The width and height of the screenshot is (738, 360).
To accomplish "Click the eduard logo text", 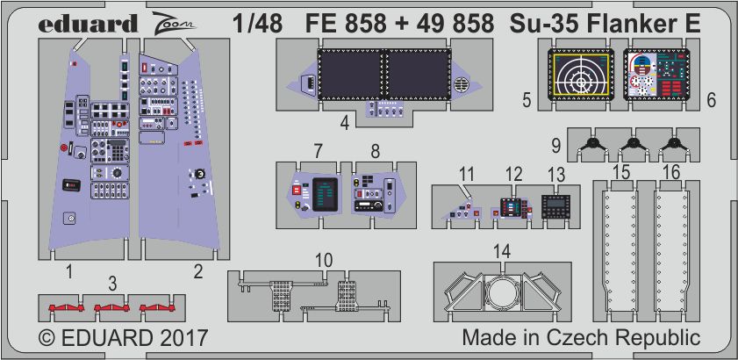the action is (88, 24).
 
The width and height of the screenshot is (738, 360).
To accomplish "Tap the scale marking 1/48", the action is (257, 24).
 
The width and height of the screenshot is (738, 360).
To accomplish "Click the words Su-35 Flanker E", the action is (606, 24).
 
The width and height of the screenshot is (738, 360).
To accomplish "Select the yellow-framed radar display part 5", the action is (582, 74).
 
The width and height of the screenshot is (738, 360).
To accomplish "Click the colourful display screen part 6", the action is (657, 74).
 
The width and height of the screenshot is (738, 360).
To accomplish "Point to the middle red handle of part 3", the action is (111, 307).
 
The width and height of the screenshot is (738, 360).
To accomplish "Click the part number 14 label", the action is (503, 253).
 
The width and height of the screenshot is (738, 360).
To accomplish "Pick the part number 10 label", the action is (324, 261).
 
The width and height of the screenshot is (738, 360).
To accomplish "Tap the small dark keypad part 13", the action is (555, 206).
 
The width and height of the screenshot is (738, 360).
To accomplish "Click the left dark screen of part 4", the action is (351, 74).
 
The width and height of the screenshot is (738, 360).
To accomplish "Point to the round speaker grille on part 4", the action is (460, 85).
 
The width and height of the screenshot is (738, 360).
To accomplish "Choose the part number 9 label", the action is (555, 147).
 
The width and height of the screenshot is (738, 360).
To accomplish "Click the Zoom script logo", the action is (174, 23).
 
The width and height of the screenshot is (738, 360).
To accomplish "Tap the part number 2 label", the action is (198, 271).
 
